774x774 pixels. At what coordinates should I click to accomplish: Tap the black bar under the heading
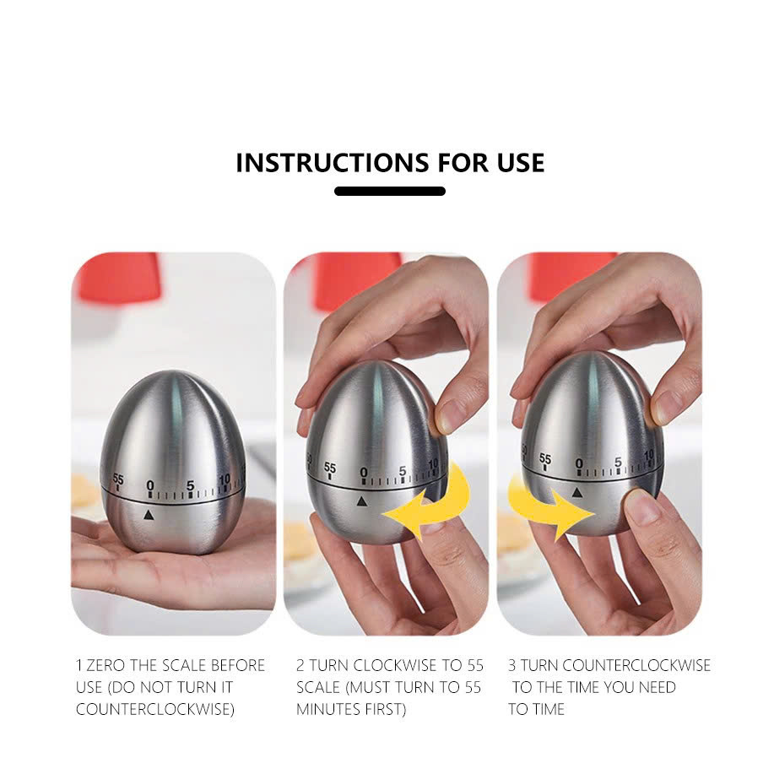tap(389, 191)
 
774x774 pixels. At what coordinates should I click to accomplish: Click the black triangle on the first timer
tap(148, 515)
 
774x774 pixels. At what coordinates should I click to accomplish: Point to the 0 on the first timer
tap(150, 485)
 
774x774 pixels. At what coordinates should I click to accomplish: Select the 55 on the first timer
tap(118, 479)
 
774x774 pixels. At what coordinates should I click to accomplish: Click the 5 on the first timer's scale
tap(190, 485)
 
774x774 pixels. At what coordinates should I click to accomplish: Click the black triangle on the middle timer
tap(362, 501)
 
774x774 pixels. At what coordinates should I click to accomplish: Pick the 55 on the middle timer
tap(330, 467)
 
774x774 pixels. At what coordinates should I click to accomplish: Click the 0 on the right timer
tap(579, 463)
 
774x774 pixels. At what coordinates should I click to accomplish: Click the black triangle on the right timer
tap(576, 493)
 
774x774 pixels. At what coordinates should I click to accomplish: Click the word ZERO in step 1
tap(106, 665)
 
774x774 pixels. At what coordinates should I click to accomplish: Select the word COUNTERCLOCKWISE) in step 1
tap(155, 709)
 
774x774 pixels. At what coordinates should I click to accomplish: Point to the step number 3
tap(512, 665)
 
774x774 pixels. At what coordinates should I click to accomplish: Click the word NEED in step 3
tap(657, 687)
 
